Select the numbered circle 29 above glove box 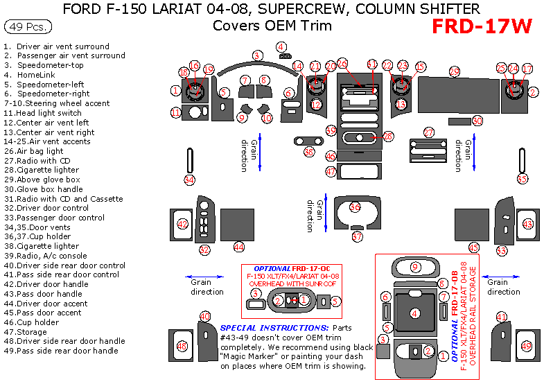(454, 71)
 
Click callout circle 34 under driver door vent (189, 180)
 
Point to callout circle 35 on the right (523, 178)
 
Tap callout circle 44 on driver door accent (238, 247)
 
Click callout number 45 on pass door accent (474, 247)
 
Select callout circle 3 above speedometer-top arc (257, 55)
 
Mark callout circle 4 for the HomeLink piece (281, 47)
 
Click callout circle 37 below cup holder (357, 236)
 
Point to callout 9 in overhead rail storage (415, 267)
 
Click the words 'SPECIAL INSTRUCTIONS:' (274, 327)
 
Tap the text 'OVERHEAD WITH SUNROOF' (292, 283)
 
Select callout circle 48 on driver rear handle (182, 346)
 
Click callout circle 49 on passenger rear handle (525, 346)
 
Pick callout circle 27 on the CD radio (429, 132)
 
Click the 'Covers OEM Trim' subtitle (272, 26)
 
